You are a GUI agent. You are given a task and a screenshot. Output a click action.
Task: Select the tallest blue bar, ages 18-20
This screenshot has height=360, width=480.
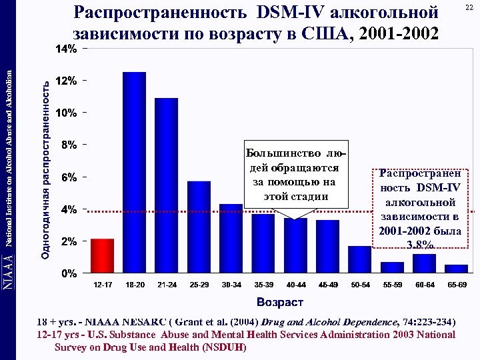coord(134,173)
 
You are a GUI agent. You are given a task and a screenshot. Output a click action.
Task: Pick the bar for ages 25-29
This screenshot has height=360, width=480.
coord(199,227)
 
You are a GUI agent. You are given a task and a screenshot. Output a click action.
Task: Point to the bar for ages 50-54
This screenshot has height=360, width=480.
coord(360,259)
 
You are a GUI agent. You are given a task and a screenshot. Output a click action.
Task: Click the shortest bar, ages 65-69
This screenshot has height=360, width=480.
coord(457,269)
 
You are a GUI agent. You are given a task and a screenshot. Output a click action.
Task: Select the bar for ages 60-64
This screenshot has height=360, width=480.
coord(424,263)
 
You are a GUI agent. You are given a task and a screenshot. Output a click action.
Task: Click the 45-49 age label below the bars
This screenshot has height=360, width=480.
coord(328,285)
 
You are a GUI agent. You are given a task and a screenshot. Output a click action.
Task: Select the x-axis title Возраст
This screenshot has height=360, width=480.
coord(279,303)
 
